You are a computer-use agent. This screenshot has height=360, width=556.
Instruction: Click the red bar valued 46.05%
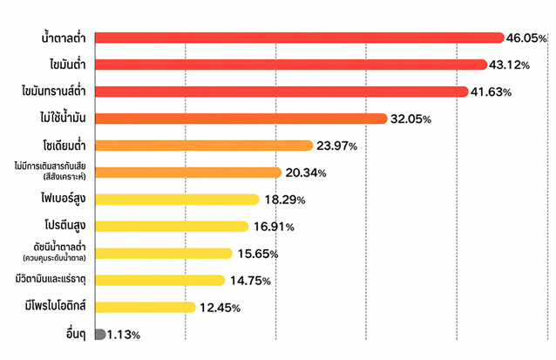pos(300,37)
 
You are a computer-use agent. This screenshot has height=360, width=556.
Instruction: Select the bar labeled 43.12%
pos(291,65)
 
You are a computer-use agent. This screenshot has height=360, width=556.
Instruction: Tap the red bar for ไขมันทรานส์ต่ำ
pos(281,92)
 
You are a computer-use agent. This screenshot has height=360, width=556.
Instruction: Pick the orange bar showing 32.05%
pos(241,119)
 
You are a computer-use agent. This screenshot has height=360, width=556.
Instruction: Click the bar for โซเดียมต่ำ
pos(204,146)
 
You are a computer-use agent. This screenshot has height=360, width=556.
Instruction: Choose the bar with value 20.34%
pos(188,173)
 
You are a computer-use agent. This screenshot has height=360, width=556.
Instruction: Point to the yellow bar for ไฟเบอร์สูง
pos(177,200)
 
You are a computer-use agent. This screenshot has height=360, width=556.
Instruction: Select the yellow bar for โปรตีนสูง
pos(172,227)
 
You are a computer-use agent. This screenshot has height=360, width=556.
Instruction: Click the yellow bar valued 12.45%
pos(146,307)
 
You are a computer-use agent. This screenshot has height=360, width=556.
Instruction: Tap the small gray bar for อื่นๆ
pos(100,334)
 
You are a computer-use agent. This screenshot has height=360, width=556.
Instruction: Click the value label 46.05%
pos(526,38)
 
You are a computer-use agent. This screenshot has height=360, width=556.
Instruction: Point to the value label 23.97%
pos(337,146)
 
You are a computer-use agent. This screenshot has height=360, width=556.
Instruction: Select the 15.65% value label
pos(258,254)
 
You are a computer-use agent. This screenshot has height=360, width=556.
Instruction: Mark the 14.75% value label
pos(251,281)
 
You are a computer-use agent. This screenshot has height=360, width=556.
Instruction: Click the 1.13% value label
pos(124,335)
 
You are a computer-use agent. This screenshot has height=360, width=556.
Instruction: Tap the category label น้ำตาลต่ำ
pos(64,37)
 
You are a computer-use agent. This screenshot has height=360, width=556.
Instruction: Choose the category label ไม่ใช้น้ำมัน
pos(63,118)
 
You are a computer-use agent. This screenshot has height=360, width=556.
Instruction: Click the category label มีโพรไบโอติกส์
pos(55,306)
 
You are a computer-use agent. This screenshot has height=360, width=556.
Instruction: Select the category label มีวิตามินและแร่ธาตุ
pos(51,280)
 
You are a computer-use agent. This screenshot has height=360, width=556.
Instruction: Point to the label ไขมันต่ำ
pos(68,65)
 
